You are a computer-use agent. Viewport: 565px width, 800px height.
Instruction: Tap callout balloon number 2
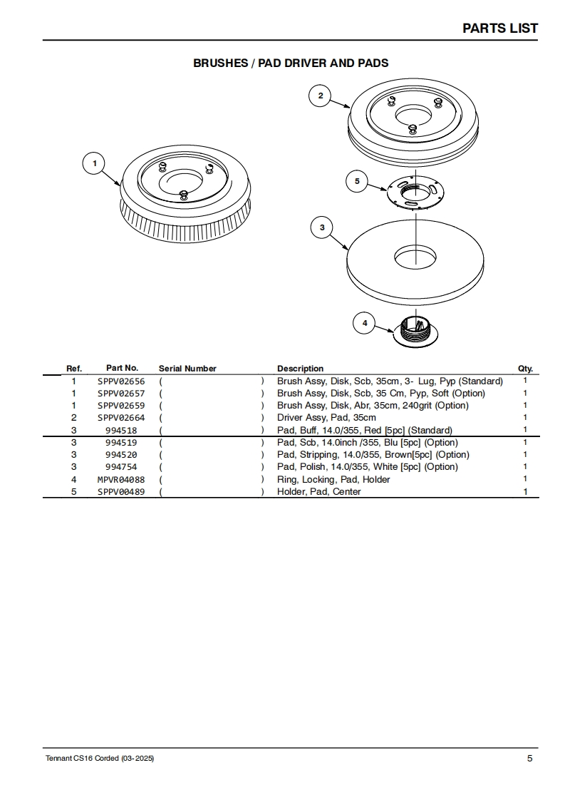click(x=320, y=96)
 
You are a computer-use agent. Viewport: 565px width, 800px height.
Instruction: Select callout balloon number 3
click(x=322, y=227)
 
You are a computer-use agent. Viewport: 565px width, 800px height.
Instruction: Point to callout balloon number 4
click(x=365, y=323)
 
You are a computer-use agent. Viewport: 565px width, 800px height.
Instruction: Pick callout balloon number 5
click(x=357, y=181)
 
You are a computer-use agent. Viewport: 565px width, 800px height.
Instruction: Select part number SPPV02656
click(x=121, y=381)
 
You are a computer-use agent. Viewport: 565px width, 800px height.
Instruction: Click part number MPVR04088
click(x=121, y=479)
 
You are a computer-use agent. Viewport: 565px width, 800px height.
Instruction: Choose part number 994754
click(x=121, y=467)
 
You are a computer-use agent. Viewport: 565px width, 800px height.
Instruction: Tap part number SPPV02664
click(x=121, y=418)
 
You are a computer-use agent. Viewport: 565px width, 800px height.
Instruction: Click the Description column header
click(x=300, y=369)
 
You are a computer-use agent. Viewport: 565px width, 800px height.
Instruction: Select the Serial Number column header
click(x=187, y=369)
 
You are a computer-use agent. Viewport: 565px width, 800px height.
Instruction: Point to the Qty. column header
click(x=525, y=369)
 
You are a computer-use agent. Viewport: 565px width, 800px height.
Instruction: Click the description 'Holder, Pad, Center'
click(x=318, y=491)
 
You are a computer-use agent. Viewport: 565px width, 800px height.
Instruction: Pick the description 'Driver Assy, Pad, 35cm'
click(x=326, y=418)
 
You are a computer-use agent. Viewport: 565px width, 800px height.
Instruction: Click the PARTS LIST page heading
click(x=500, y=29)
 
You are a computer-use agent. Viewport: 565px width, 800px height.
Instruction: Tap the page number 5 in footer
click(x=529, y=758)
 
